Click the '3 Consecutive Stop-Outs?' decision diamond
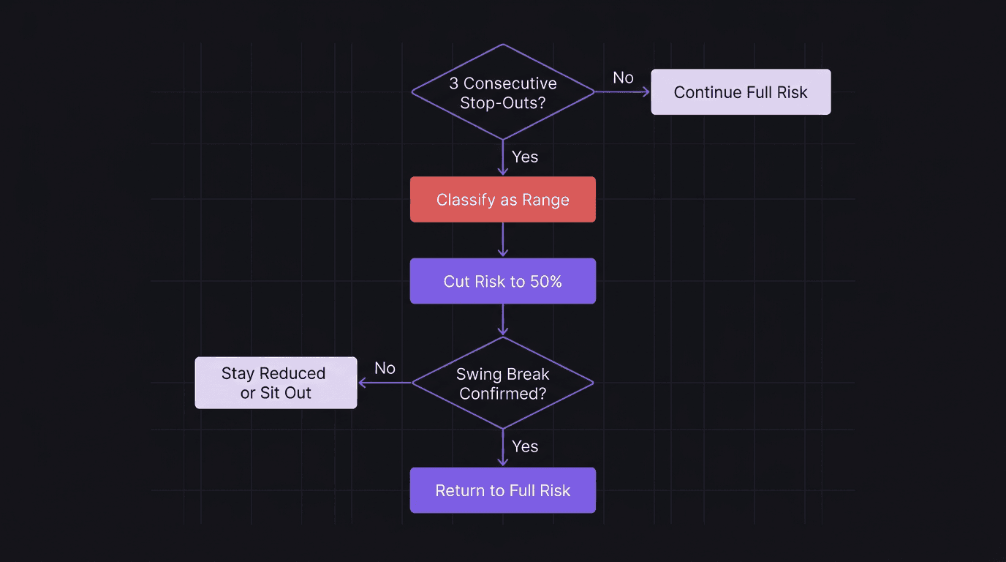click(x=503, y=92)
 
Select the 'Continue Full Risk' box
click(x=741, y=92)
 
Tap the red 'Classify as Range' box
click(x=503, y=200)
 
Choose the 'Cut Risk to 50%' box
click(x=503, y=282)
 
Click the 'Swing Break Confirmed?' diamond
click(x=503, y=383)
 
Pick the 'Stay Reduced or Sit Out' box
click(x=276, y=383)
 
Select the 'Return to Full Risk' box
click(x=503, y=490)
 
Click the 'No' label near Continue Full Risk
click(x=623, y=78)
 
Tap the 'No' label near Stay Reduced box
click(x=385, y=368)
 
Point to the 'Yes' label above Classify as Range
click(x=525, y=157)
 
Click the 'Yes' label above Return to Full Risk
click(x=525, y=446)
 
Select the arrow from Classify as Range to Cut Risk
click(x=503, y=241)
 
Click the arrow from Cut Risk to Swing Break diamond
click(x=503, y=321)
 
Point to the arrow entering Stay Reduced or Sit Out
click(x=385, y=383)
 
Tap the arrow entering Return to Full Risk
click(x=503, y=449)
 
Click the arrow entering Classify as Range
click(x=503, y=158)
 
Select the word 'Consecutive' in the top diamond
click(x=510, y=83)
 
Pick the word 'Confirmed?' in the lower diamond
click(x=503, y=393)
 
